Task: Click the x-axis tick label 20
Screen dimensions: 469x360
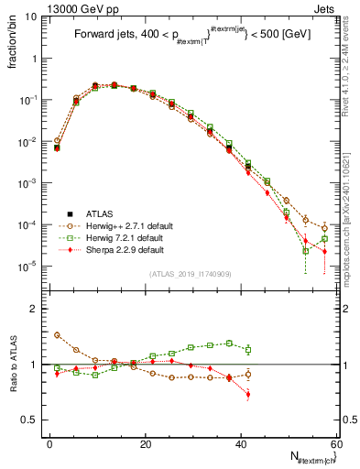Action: (146, 443)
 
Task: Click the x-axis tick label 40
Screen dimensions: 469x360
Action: (241, 443)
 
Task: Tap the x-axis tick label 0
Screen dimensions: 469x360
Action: (49, 443)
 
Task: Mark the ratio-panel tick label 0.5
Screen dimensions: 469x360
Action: (31, 420)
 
